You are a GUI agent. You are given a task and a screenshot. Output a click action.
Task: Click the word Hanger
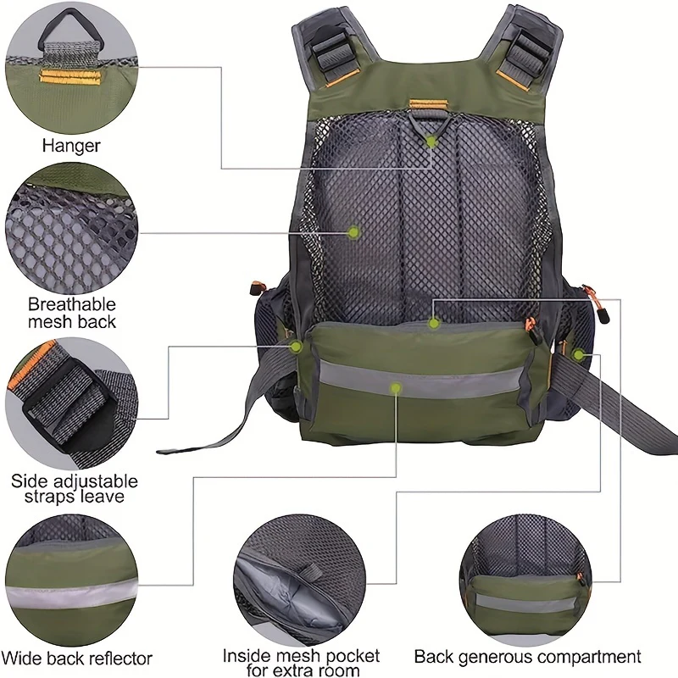[x=71, y=145]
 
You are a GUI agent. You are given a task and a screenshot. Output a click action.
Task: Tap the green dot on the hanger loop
[x=431, y=142]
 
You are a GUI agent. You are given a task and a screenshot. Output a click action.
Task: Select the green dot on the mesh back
[x=353, y=232]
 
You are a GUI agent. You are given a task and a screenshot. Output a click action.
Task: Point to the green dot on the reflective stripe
[x=396, y=388]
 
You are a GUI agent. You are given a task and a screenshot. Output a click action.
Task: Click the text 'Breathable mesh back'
[x=72, y=313]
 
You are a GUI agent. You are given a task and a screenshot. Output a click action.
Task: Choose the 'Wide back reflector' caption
[x=77, y=659]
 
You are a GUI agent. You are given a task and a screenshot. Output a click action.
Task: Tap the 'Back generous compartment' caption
[x=527, y=656]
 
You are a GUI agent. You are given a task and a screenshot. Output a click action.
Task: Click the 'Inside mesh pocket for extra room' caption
[x=302, y=663]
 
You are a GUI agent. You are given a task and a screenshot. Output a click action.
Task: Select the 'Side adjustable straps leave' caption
[x=75, y=489]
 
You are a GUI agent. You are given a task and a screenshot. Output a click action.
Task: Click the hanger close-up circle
[x=71, y=67]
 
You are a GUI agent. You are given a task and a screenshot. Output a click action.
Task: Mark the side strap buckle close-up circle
[x=71, y=404]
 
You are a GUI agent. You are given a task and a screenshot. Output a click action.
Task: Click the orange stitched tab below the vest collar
[x=429, y=104]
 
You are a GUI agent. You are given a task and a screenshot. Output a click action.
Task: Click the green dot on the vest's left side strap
[x=296, y=347]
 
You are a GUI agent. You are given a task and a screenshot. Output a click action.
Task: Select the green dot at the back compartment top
[x=434, y=323]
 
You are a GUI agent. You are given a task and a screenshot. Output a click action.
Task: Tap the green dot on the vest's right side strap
[x=578, y=355]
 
